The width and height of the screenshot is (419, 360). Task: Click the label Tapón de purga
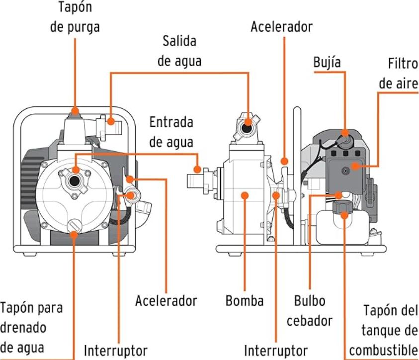[x=75, y=17]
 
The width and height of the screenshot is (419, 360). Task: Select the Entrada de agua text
[x=171, y=132]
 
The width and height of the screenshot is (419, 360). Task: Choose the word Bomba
[x=244, y=301]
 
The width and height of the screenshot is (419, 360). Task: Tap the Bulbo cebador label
[x=310, y=310]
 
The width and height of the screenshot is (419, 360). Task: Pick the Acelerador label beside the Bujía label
[x=281, y=26]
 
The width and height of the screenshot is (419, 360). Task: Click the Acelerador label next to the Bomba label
[x=166, y=301]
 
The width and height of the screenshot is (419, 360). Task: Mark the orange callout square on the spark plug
[x=344, y=133]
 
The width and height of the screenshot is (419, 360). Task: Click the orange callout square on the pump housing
[x=245, y=195]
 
